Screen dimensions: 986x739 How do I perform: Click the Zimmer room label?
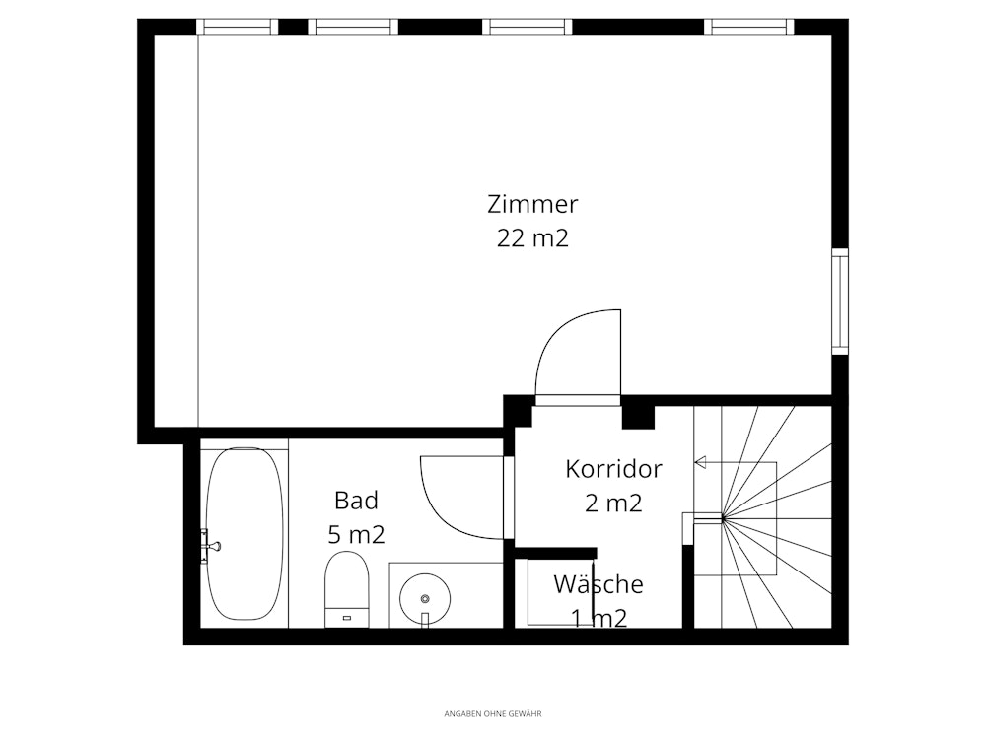532,204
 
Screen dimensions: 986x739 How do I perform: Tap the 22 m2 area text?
532,238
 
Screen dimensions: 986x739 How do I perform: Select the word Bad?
356,501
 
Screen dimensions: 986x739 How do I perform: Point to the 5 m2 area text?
356,535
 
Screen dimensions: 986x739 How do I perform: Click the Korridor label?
613,469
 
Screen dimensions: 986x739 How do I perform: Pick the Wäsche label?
599,583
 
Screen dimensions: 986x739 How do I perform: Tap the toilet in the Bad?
346,589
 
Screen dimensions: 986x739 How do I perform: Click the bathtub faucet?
210,546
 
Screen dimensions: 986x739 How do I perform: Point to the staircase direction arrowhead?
700,462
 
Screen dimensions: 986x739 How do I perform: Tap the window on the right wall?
839,301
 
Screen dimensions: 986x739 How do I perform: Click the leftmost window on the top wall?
237,27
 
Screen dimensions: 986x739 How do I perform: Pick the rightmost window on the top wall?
749,27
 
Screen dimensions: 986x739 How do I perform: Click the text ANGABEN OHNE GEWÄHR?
493,713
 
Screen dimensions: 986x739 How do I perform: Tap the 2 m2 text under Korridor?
613,503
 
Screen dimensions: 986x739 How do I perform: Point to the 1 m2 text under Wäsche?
599,619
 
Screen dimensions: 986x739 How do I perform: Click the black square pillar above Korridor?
638,417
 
